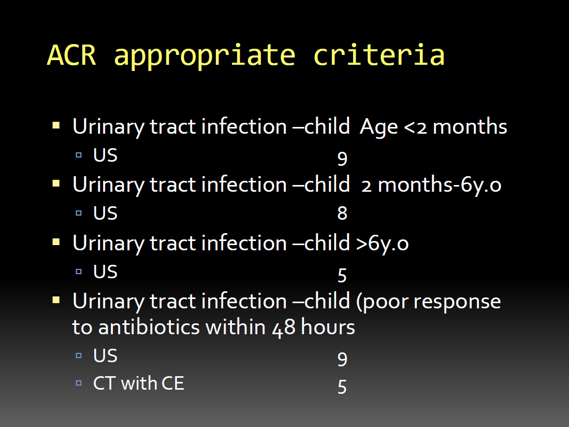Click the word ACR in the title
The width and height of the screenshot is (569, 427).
(x=72, y=55)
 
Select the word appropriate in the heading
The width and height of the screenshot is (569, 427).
(x=205, y=56)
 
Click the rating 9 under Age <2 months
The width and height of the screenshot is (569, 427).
(x=342, y=159)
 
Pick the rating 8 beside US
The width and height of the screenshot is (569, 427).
(x=342, y=213)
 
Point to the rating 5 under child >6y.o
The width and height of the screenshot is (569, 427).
(x=342, y=276)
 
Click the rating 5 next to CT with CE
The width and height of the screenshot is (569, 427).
(x=342, y=387)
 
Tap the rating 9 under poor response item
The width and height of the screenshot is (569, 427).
(x=342, y=359)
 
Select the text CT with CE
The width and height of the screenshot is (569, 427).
(x=139, y=383)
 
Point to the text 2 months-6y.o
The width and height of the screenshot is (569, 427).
(x=431, y=185)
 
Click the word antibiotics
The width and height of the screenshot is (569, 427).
(x=149, y=327)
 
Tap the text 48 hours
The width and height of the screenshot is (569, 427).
(x=314, y=328)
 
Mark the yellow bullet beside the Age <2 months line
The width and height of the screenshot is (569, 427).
(x=56, y=125)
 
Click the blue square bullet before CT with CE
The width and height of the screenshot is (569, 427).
(x=79, y=383)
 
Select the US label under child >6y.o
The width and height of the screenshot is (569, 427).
(x=105, y=272)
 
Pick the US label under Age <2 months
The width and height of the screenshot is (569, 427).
(x=105, y=155)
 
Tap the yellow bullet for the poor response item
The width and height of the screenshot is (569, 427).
(x=56, y=300)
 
